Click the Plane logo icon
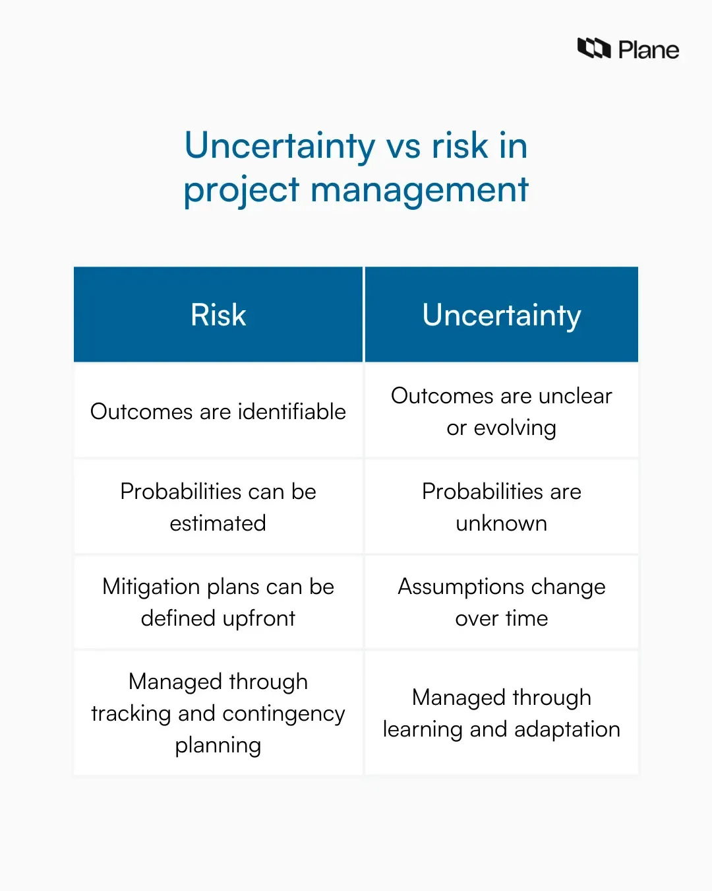point(593,48)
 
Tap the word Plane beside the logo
point(649,50)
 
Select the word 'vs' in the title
point(403,146)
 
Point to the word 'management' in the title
point(419,190)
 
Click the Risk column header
point(218,315)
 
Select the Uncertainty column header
point(502,315)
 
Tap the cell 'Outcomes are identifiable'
point(218,411)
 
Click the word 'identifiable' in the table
point(291,411)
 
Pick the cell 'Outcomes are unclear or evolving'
point(502,411)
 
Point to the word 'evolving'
point(515,428)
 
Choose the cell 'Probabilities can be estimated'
point(218,507)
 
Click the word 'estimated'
point(218,523)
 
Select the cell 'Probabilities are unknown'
point(502,507)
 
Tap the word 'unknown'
point(502,523)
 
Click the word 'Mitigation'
point(151,587)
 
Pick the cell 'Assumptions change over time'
point(502,602)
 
